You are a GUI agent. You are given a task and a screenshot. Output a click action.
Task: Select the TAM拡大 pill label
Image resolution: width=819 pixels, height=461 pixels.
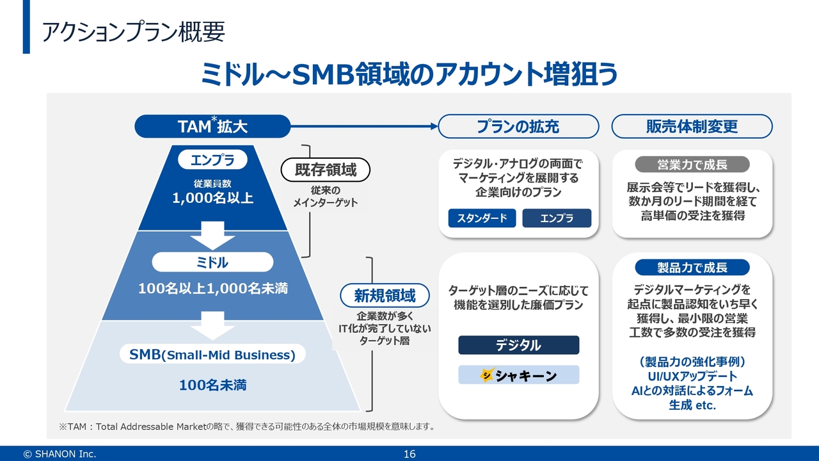pyautogui.click(x=212, y=126)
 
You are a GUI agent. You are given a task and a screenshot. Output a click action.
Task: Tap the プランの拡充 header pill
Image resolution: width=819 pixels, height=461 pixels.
pyautogui.click(x=518, y=126)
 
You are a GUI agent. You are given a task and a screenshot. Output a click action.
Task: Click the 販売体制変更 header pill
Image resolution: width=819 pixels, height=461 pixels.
pyautogui.click(x=692, y=126)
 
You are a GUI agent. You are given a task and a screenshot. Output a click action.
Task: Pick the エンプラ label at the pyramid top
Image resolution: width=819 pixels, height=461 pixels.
pyautogui.click(x=212, y=159)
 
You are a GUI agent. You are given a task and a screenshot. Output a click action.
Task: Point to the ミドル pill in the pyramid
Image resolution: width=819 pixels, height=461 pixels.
pyautogui.click(x=212, y=263)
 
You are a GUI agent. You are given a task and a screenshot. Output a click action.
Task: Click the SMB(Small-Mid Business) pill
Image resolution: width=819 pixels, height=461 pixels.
pyautogui.click(x=212, y=355)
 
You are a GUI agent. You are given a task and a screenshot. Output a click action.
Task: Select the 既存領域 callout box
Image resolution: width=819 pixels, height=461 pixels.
pyautogui.click(x=326, y=170)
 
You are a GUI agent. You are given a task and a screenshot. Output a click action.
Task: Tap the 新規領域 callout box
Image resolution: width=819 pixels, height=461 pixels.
pyautogui.click(x=385, y=295)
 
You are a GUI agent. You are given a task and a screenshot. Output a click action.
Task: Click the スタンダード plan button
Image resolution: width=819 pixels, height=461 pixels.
pyautogui.click(x=482, y=218)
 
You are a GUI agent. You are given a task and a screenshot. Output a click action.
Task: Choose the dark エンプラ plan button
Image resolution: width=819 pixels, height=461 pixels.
pyautogui.click(x=557, y=218)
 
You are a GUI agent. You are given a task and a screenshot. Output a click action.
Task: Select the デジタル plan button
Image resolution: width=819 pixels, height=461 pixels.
pyautogui.click(x=518, y=345)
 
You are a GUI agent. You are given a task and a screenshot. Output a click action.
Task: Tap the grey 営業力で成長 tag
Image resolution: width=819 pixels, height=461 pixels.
pyautogui.click(x=692, y=165)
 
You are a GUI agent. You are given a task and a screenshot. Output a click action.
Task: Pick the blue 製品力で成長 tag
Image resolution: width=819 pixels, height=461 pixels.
pyautogui.click(x=692, y=267)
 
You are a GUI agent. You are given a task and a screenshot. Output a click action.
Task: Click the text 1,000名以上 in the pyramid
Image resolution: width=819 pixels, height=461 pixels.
pyautogui.click(x=212, y=198)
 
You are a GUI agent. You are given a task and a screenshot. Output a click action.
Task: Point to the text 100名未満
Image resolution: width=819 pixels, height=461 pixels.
pyautogui.click(x=212, y=385)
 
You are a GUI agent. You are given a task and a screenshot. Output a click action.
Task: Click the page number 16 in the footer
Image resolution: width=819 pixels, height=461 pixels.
pyautogui.click(x=409, y=454)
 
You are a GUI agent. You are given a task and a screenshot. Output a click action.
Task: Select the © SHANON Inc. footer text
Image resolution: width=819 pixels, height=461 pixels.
pyautogui.click(x=60, y=454)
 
